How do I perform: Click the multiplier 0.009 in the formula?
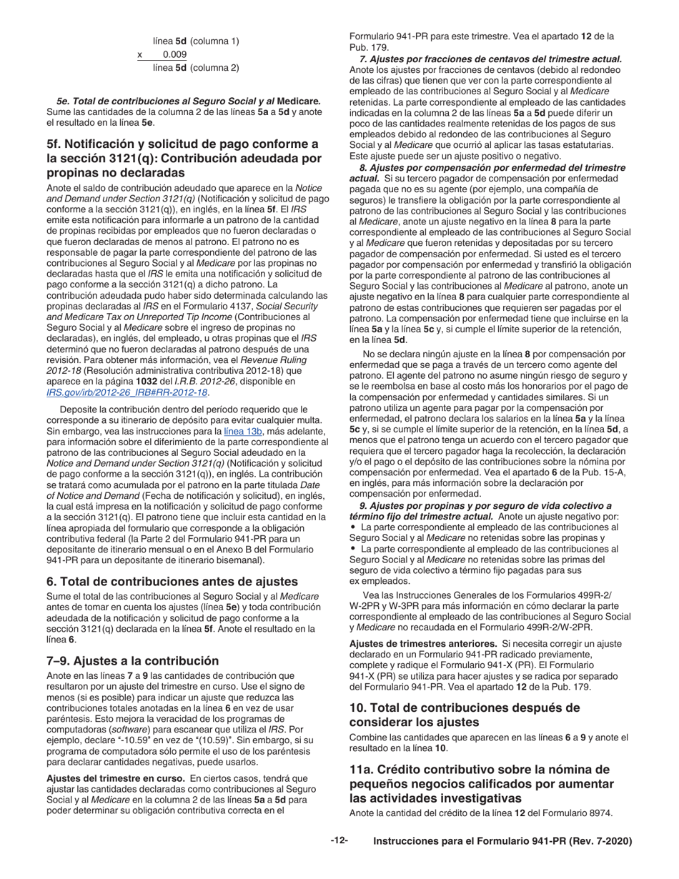[x=174, y=54]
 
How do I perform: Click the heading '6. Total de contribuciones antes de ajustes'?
[x=172, y=581]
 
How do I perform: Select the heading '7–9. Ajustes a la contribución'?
[x=132, y=660]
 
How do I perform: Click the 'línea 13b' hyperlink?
[x=244, y=432]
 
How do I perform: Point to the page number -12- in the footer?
[x=339, y=841]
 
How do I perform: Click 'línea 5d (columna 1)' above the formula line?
[x=196, y=41]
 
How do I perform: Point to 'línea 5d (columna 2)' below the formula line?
[x=196, y=68]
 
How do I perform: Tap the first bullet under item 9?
[x=353, y=527]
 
